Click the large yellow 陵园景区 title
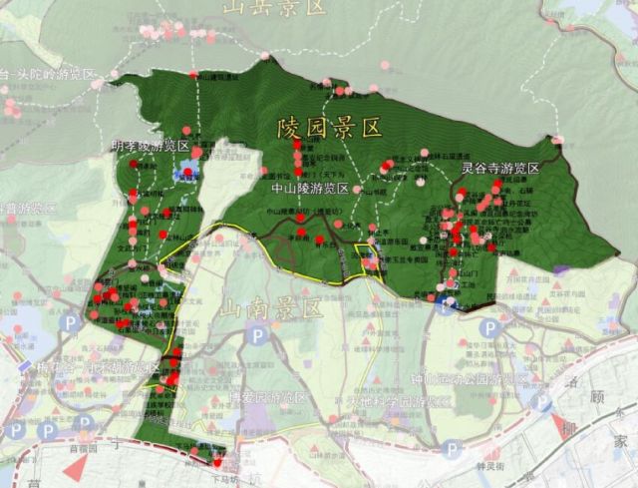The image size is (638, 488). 330,128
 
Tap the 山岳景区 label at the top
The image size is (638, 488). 274,8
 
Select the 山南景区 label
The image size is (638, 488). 271,309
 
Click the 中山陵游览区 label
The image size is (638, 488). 310,188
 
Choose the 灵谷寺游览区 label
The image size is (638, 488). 499,168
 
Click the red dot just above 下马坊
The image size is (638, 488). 218,460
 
